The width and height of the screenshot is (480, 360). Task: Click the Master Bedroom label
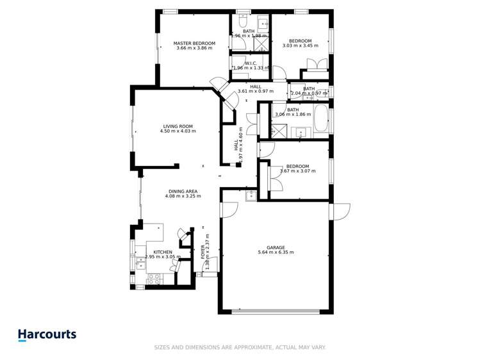pos(194,44)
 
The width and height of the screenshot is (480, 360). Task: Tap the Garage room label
pos(276,247)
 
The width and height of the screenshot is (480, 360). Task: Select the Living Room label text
pos(178,126)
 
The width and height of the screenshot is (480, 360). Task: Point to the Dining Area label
pos(183,191)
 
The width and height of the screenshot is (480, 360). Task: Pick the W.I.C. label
pos(251,63)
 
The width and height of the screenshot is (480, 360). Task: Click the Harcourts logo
pos(46,334)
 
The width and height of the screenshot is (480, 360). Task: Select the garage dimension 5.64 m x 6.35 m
pos(276,252)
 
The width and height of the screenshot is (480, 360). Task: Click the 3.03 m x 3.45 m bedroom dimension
pos(300,46)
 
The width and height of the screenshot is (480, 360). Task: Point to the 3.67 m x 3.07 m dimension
pos(297,171)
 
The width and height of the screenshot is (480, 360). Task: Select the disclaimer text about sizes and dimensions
pos(240,347)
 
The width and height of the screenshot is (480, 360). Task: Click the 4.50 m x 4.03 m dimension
pos(178,131)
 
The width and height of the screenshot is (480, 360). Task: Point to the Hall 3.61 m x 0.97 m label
pos(255,88)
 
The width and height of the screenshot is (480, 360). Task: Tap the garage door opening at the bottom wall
pos(275,312)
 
